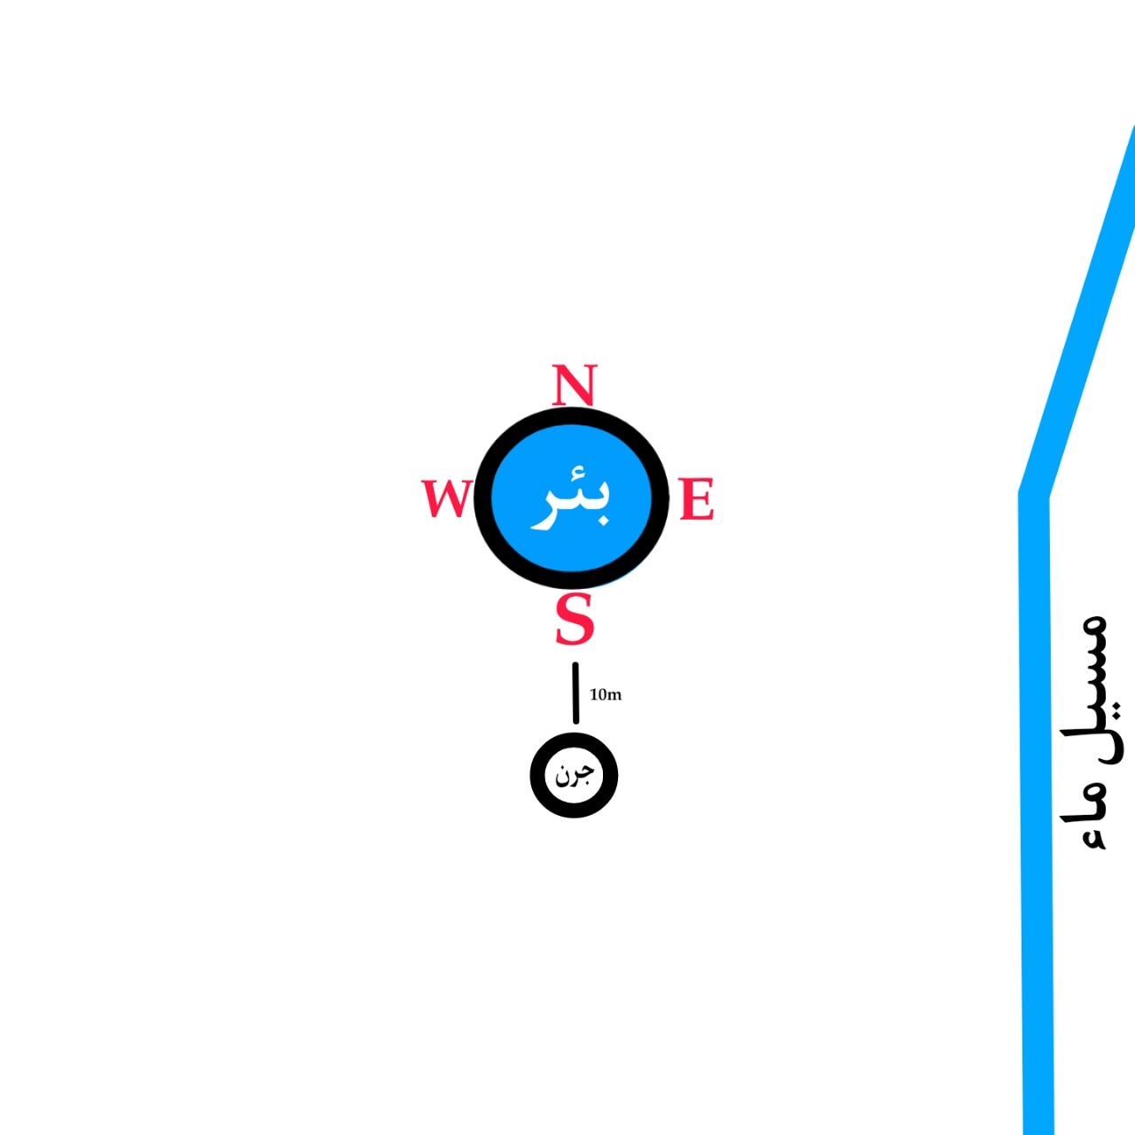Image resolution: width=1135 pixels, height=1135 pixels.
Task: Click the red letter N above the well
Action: pyautogui.click(x=574, y=385)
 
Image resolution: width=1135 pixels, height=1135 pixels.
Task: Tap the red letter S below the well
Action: pyautogui.click(x=574, y=619)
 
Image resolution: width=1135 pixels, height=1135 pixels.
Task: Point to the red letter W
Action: pyautogui.click(x=445, y=498)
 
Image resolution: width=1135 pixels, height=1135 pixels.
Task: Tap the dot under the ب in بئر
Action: pyautogui.click(x=602, y=521)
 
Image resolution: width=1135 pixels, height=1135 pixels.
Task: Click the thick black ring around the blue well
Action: pyautogui.click(x=483, y=498)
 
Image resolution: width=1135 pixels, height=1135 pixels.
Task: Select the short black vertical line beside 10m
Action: pyautogui.click(x=575, y=693)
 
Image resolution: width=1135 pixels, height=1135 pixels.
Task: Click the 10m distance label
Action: pyautogui.click(x=606, y=694)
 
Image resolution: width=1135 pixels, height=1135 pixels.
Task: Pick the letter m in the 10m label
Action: pyautogui.click(x=615, y=695)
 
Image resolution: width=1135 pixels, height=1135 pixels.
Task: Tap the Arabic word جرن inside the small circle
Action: pyautogui.click(x=574, y=775)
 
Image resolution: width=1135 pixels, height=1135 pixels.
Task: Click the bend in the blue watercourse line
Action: pyautogui.click(x=1034, y=490)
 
